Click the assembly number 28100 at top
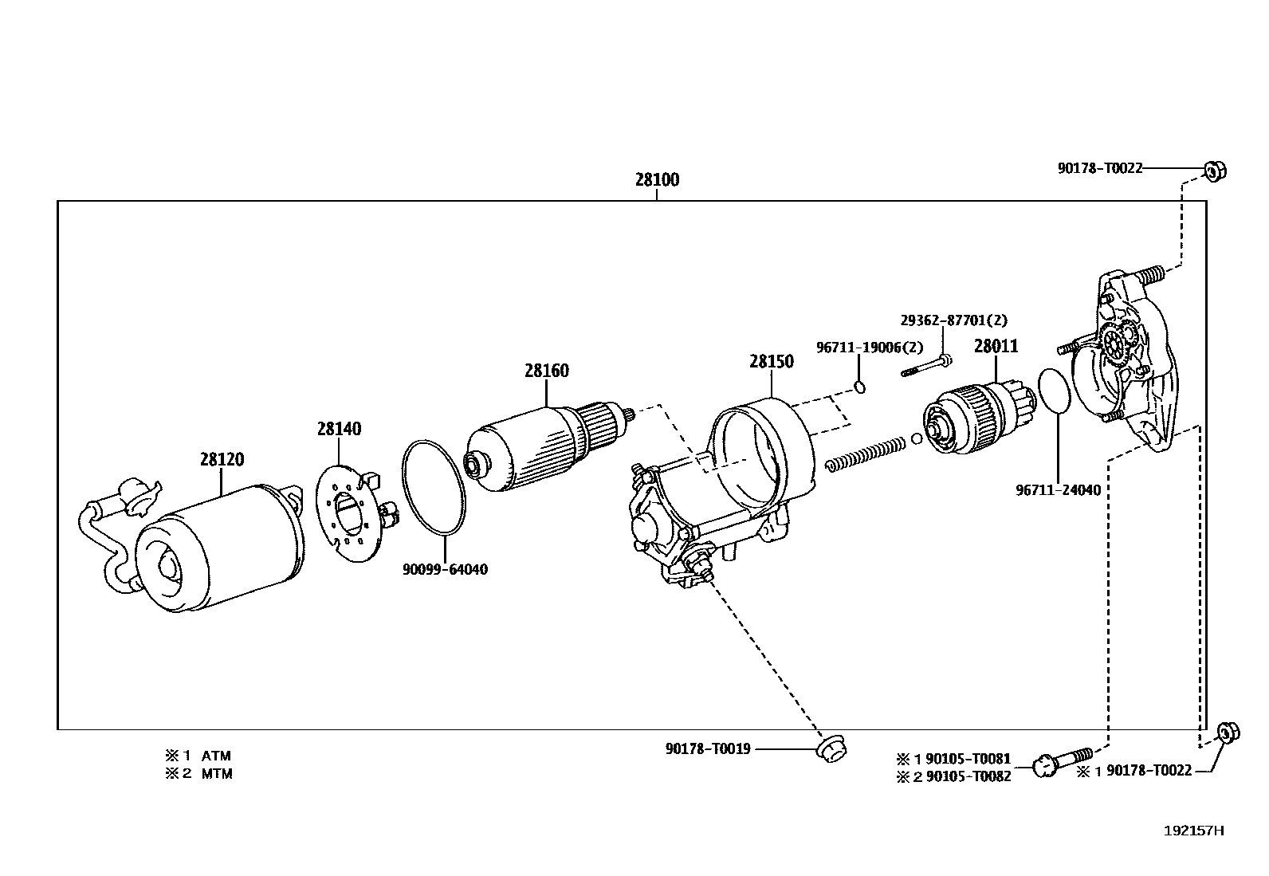click(657, 180)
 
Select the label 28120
click(222, 460)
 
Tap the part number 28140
click(339, 430)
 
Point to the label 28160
click(547, 371)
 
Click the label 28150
click(772, 362)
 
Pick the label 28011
click(996, 347)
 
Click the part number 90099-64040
click(445, 570)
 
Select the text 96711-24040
click(1058, 490)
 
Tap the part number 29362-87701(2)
click(954, 320)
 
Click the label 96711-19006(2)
click(870, 348)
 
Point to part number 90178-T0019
click(708, 749)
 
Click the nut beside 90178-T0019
click(831, 748)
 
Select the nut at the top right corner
click(1214, 170)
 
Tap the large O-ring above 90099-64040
click(433, 486)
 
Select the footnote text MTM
click(217, 774)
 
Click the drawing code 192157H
click(1193, 831)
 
